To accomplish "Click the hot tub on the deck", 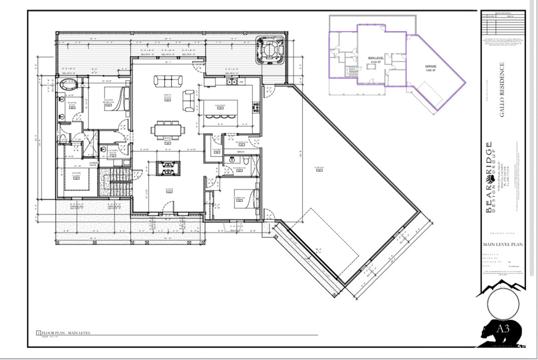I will [270, 50].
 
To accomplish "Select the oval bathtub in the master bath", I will [68, 84].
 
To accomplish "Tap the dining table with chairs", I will [168, 129].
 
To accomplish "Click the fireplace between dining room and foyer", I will [168, 168].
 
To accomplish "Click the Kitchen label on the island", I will [220, 105].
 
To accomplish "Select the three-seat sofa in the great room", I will [168, 80].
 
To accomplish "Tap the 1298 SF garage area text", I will [431, 69].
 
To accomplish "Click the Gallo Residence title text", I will [502, 89].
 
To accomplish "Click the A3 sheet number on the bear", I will [503, 329].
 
